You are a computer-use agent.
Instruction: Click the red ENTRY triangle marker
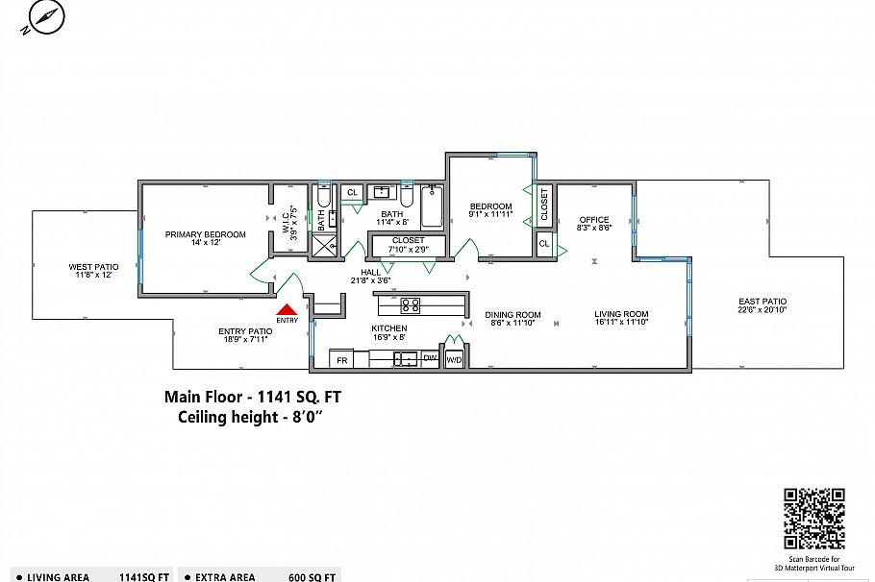point(287,310)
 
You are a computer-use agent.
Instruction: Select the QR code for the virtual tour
point(814,519)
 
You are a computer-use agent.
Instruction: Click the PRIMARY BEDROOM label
point(206,234)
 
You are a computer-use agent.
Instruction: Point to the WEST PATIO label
point(94,267)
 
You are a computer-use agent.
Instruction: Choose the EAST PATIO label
point(762,302)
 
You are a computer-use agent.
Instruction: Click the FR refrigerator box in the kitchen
point(341,359)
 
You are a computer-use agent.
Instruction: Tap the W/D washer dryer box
point(455,360)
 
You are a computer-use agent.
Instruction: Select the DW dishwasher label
point(430,358)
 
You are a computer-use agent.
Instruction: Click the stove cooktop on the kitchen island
point(411,305)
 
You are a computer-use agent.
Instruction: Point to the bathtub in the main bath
point(433,206)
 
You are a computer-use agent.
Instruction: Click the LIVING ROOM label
point(621,314)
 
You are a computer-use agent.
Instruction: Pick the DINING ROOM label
point(512,314)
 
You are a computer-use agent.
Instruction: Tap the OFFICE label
point(594,220)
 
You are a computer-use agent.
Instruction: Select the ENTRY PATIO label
point(245,331)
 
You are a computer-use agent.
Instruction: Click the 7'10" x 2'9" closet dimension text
point(409,249)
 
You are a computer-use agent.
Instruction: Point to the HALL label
point(370,273)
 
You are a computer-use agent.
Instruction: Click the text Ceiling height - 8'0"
point(251,417)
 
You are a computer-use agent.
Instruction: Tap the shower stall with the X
point(324,245)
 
